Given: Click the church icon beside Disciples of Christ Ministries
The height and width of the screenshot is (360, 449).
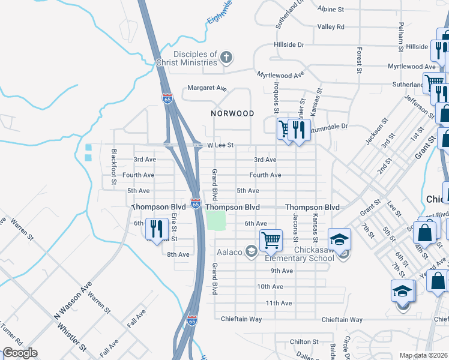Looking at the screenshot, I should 226,58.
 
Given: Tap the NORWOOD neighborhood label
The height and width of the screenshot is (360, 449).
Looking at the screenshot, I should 232,113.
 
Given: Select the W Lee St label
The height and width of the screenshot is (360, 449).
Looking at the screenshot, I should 220,145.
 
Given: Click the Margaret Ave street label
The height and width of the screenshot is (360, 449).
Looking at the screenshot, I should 206,88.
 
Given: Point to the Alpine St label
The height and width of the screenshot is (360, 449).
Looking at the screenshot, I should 331,10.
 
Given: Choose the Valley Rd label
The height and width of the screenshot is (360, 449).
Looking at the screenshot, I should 331,26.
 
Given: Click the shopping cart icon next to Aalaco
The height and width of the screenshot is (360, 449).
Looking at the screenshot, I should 271,240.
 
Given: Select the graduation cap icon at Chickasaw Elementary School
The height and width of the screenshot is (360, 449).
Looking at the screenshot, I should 339,239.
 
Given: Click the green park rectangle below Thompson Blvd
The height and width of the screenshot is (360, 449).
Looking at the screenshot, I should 215,220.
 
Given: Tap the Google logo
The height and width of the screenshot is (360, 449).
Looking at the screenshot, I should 20,353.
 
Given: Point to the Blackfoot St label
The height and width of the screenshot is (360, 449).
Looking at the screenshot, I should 113,167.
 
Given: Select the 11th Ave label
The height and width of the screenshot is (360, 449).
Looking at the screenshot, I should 279,303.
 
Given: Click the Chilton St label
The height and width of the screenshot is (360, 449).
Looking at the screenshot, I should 304,341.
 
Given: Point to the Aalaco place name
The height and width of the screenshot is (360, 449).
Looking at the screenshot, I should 230,252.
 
